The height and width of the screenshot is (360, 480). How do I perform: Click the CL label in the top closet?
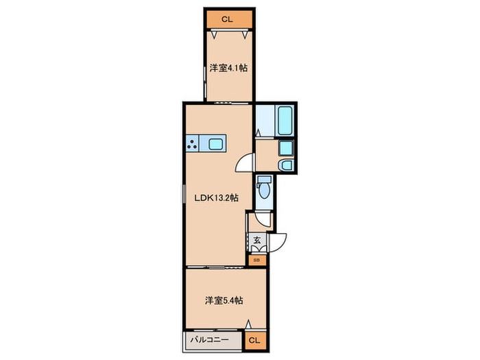[x=227, y=20]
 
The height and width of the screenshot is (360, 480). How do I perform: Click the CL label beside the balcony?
[x=254, y=340]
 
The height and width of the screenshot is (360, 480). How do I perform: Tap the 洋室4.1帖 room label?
[x=228, y=68]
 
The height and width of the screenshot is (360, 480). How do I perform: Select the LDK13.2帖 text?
[x=217, y=198]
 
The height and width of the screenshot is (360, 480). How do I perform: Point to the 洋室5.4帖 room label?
[x=224, y=300]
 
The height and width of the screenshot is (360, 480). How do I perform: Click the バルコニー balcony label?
[x=210, y=340]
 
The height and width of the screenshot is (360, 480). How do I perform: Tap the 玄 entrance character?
[x=257, y=240]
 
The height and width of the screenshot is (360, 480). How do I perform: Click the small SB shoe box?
[x=257, y=260]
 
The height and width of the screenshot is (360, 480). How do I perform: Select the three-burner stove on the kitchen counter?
[x=192, y=143]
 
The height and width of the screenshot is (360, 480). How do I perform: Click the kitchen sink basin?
[x=215, y=144]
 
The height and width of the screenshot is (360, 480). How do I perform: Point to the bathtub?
[x=285, y=120]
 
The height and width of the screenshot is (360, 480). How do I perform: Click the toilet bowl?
[x=263, y=191]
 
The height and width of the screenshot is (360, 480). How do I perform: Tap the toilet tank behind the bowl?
[x=264, y=180]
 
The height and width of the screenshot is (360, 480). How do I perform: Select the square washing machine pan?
[x=286, y=149]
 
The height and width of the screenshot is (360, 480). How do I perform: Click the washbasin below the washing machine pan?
[x=286, y=165]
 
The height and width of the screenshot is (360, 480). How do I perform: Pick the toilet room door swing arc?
[x=263, y=221]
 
